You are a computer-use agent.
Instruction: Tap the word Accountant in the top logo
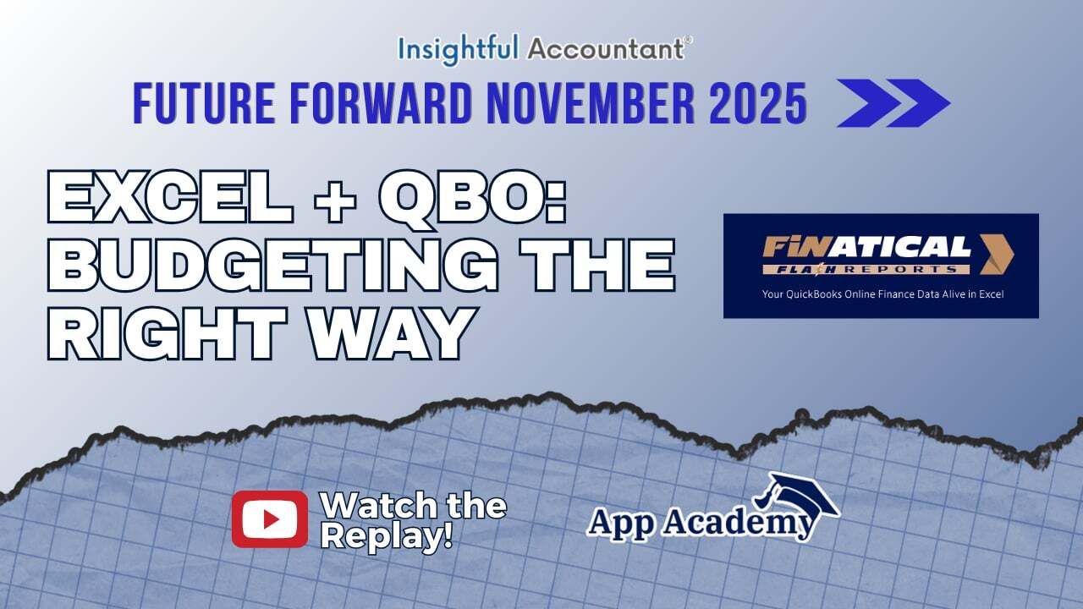(604, 49)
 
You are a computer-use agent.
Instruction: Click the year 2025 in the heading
(757, 104)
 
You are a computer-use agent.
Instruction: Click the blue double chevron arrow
(893, 103)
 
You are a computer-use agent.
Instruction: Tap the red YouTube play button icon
(270, 518)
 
